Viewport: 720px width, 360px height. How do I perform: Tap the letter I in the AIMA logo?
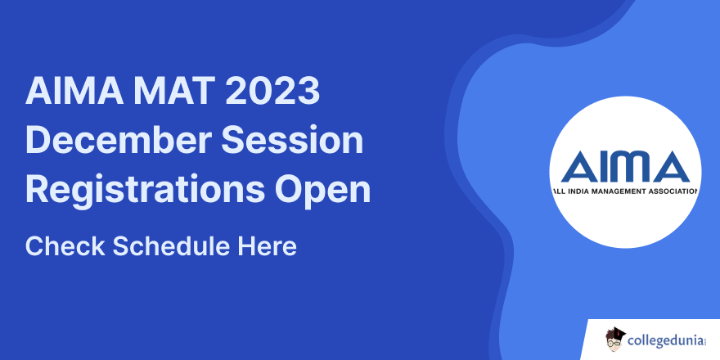pyautogui.click(x=604, y=168)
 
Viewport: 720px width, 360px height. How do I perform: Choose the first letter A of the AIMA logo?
pyautogui.click(x=576, y=168)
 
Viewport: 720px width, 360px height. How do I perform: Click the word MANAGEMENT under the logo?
pyautogui.click(x=619, y=191)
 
